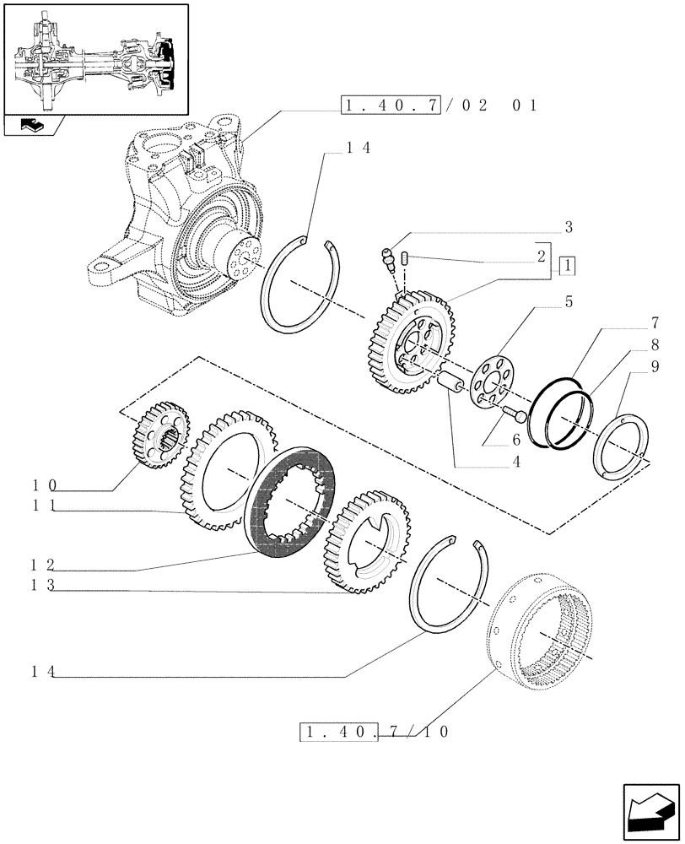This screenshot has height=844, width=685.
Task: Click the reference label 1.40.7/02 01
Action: (x=439, y=105)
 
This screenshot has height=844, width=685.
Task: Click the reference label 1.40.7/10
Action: (x=375, y=731)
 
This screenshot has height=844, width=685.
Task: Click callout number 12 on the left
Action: (x=40, y=565)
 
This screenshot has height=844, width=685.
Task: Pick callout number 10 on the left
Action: (x=40, y=486)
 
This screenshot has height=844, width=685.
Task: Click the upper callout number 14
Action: (x=358, y=146)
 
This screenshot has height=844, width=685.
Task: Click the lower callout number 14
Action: (x=40, y=672)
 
